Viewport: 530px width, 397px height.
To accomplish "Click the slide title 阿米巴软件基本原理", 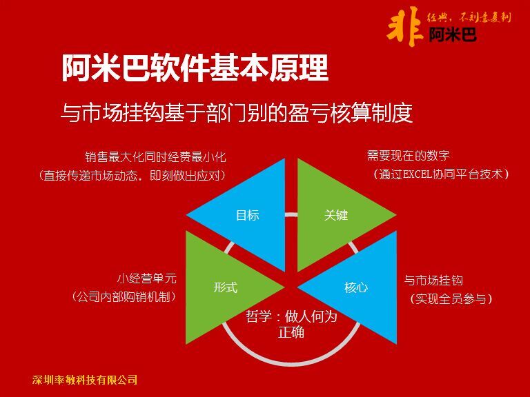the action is pyautogui.click(x=195, y=68).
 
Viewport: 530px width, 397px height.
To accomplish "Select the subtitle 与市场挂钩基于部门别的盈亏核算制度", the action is pyautogui.click(x=237, y=112).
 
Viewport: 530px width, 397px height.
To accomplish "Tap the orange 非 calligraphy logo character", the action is pyautogui.click(x=404, y=27).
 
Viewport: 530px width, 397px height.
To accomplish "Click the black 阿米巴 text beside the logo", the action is pyautogui.click(x=453, y=34).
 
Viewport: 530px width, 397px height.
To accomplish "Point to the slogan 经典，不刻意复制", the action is pyautogui.click(x=469, y=17).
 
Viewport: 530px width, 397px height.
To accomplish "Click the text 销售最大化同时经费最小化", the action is pyautogui.click(x=155, y=157).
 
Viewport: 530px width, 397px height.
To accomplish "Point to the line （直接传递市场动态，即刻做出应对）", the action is pyautogui.click(x=132, y=175).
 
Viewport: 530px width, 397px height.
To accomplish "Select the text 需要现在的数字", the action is pyautogui.click(x=409, y=156).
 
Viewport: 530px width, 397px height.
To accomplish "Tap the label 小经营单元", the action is pyautogui.click(x=147, y=278).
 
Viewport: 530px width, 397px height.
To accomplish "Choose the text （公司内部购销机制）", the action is pyautogui.click(x=124, y=297).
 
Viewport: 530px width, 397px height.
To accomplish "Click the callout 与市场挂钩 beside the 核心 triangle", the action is pyautogui.click(x=433, y=281).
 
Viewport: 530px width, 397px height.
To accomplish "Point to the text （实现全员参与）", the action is pyautogui.click(x=451, y=298).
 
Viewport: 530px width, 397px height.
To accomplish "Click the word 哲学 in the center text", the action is pyautogui.click(x=259, y=316).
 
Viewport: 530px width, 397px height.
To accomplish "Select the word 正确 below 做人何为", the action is pyautogui.click(x=291, y=332).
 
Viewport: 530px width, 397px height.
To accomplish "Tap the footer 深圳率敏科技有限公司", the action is pyautogui.click(x=85, y=380).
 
